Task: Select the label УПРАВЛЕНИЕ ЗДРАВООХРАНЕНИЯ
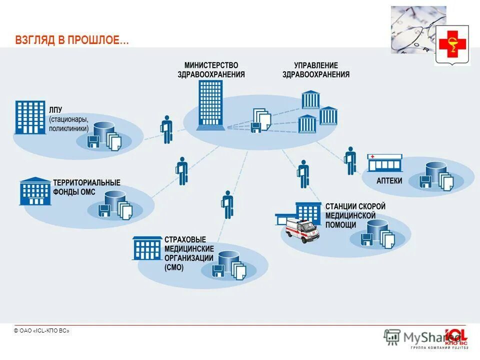(315, 70)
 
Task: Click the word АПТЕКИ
(389, 180)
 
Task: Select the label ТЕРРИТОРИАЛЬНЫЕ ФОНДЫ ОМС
(86, 187)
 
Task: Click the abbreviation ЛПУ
(55, 110)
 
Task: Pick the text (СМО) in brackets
(174, 267)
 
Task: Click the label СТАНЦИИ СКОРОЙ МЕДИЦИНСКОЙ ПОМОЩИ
(355, 215)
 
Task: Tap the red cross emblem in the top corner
(452, 45)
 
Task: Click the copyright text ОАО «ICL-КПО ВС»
(41, 331)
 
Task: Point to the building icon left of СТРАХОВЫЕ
(147, 248)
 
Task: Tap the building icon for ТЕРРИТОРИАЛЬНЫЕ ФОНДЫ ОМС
(35, 191)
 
